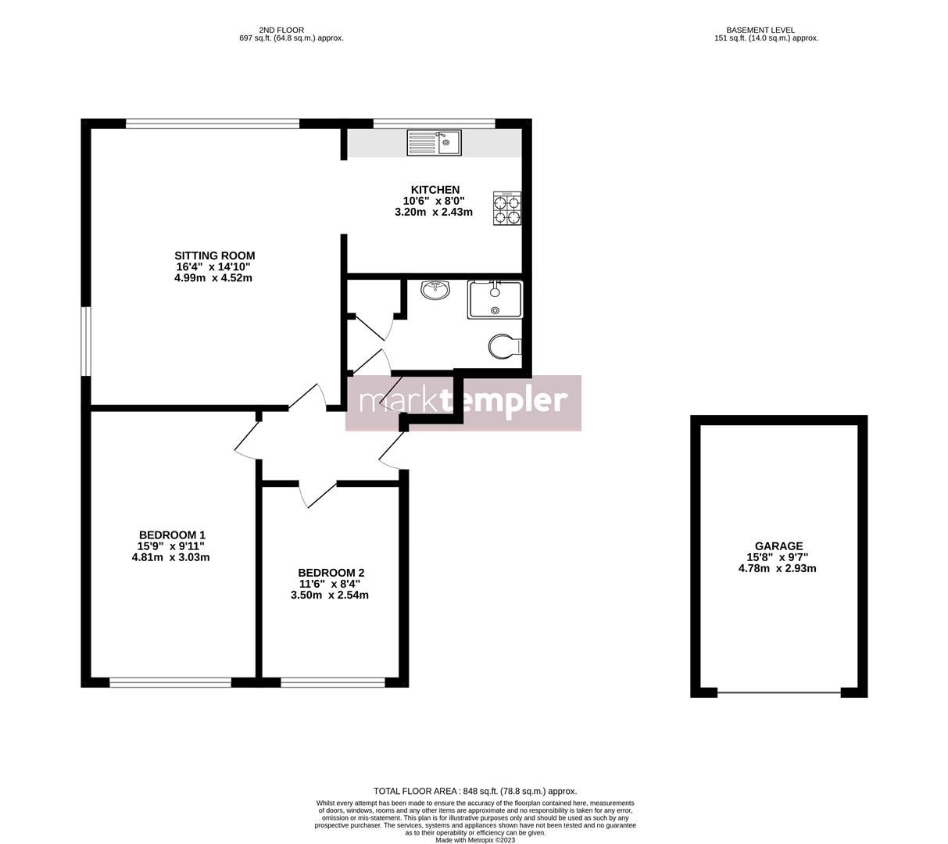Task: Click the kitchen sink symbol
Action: [435, 142]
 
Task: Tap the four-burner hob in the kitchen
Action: [507, 209]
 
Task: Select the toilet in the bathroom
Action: [505, 346]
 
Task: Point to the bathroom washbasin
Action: [435, 291]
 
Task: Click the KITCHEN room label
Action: [435, 190]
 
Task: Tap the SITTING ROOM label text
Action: [214, 256]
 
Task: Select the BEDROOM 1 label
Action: [171, 535]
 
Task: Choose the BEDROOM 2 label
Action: [331, 573]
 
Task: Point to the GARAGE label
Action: [778, 546]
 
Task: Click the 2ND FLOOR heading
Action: [281, 30]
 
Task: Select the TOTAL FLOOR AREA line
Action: [475, 791]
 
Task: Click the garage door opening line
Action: [779, 692]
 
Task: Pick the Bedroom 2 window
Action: [333, 682]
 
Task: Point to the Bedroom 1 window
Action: [170, 682]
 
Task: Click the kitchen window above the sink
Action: [435, 123]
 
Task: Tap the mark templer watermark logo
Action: [463, 402]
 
